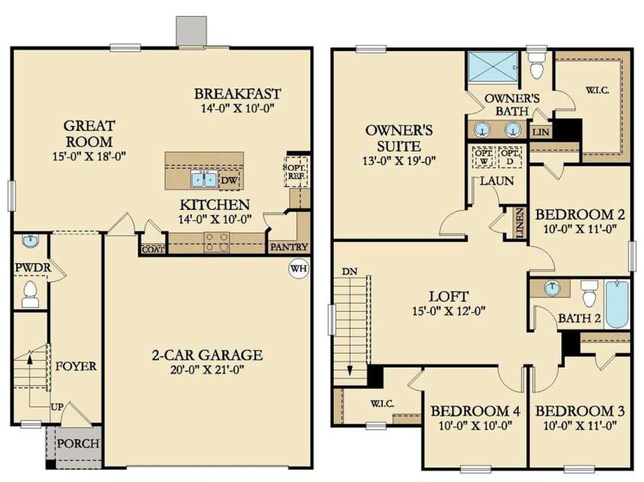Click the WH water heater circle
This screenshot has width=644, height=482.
297,268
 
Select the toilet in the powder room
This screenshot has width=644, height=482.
30,291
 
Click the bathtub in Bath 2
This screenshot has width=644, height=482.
616,304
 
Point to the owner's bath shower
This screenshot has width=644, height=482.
494,68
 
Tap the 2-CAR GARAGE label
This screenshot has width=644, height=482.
207,355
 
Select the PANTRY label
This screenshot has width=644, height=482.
289,247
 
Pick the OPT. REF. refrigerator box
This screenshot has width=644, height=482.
296,170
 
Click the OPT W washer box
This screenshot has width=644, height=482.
484,156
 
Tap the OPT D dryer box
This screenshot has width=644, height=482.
510,156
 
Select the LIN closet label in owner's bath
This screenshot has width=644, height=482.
541,132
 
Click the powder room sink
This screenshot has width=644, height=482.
29,241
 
